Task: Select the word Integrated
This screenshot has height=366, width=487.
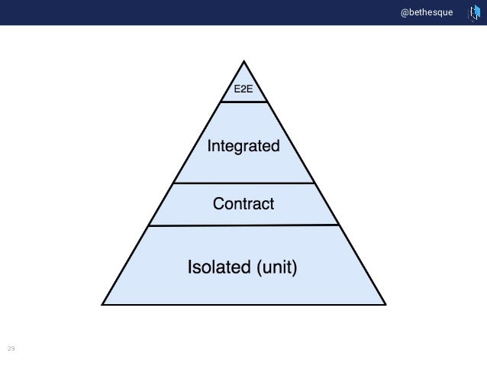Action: [243, 145]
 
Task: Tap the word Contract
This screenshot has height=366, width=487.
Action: [243, 204]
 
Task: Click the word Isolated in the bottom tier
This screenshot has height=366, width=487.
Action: [219, 267]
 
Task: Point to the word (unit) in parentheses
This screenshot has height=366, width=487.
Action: [276, 267]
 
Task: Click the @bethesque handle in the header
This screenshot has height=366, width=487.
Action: [427, 12]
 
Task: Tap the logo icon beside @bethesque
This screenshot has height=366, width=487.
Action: [472, 13]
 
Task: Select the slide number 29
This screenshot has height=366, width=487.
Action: [11, 348]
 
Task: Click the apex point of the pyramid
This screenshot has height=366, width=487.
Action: [243, 62]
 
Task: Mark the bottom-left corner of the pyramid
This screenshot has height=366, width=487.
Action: [102, 305]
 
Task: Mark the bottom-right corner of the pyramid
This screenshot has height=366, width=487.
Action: [386, 305]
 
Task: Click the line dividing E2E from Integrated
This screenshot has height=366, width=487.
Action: [243, 102]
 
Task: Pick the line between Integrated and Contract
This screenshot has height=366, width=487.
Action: [243, 183]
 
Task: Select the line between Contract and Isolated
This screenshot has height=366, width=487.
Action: [243, 225]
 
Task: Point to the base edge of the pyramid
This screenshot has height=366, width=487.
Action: [243, 305]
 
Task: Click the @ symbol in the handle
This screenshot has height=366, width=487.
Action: [405, 12]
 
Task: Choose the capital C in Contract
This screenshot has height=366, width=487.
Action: [218, 204]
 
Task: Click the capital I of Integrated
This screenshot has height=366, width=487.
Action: [210, 145]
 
